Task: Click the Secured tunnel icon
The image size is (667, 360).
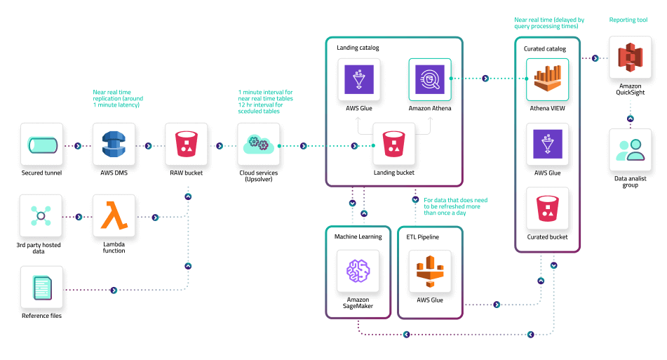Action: [41, 145]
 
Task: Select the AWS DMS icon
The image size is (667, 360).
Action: [114, 145]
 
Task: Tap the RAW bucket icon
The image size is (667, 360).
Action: [186, 145]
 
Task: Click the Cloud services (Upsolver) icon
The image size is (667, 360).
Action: [258, 145]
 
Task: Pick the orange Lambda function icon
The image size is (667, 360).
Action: [114, 215]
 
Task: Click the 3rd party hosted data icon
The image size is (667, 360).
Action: [41, 215]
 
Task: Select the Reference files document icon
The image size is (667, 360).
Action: [41, 287]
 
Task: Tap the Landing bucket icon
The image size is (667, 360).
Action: [394, 145]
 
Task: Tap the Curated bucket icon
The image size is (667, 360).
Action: [548, 208]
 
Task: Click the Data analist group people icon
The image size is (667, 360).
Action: [631, 150]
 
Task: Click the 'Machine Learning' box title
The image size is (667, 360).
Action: [358, 236]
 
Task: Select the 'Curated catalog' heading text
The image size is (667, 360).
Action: [544, 48]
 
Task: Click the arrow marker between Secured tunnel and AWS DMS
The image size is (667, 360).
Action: [78, 146]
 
